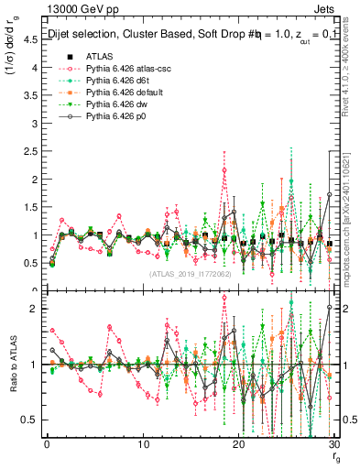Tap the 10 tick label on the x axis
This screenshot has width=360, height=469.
pyautogui.click(x=142, y=445)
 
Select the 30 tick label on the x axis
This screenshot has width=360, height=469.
pyautogui.click(x=334, y=445)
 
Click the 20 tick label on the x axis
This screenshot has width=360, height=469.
pyautogui.click(x=238, y=445)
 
